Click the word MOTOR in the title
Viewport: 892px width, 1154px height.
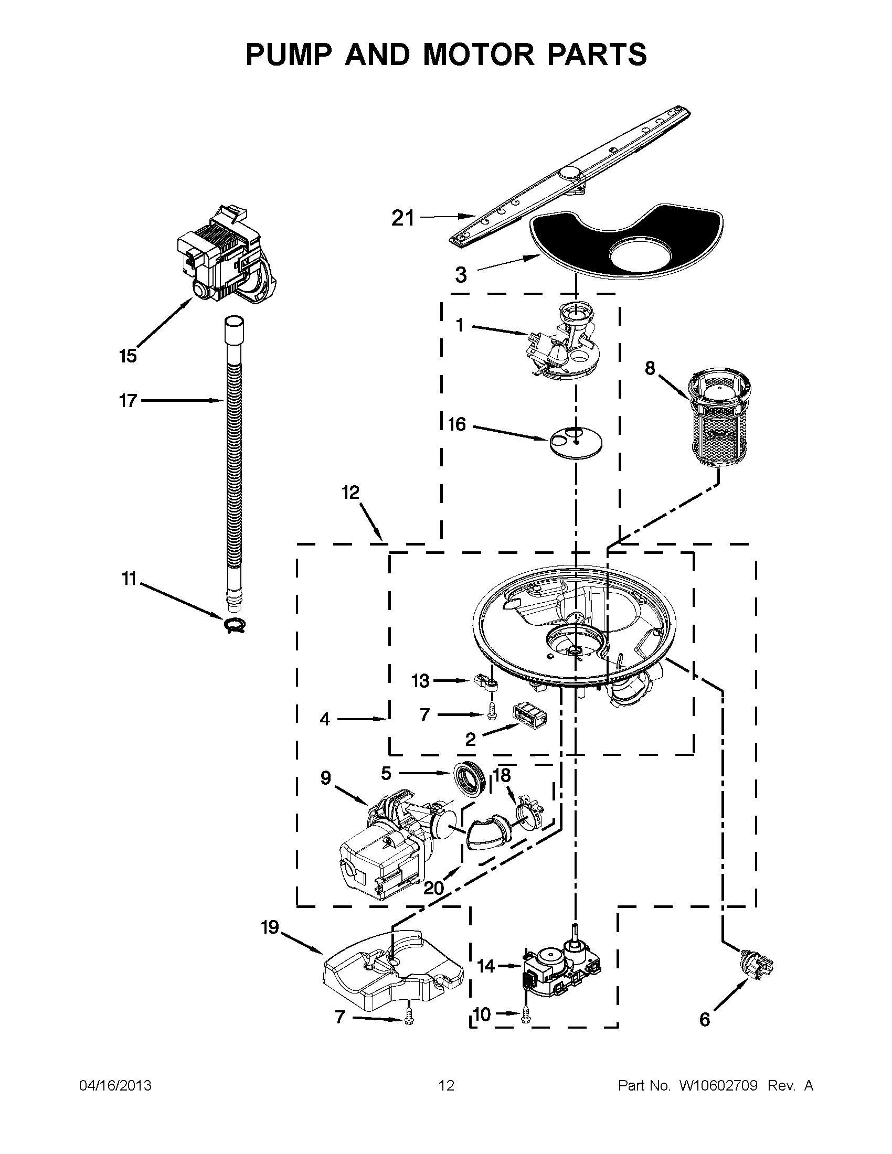click(x=478, y=55)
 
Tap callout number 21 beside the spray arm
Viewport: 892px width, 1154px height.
click(x=402, y=218)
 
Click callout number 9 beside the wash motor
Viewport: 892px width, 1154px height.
click(x=326, y=777)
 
